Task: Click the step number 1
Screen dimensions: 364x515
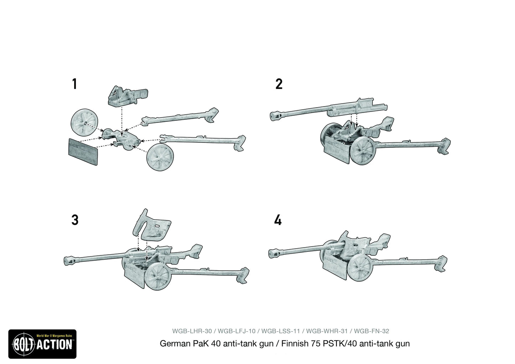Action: pyautogui.click(x=74, y=84)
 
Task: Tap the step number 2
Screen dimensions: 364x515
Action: pyautogui.click(x=279, y=84)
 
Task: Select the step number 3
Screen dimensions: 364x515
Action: pyautogui.click(x=74, y=220)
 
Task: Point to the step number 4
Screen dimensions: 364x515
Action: pyautogui.click(x=278, y=220)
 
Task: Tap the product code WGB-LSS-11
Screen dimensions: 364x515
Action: pyautogui.click(x=280, y=331)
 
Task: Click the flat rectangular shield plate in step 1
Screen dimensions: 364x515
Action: pyautogui.click(x=83, y=151)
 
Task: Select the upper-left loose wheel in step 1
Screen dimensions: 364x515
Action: pyautogui.click(x=83, y=123)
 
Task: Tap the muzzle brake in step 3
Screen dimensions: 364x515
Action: pyautogui.click(x=69, y=260)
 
